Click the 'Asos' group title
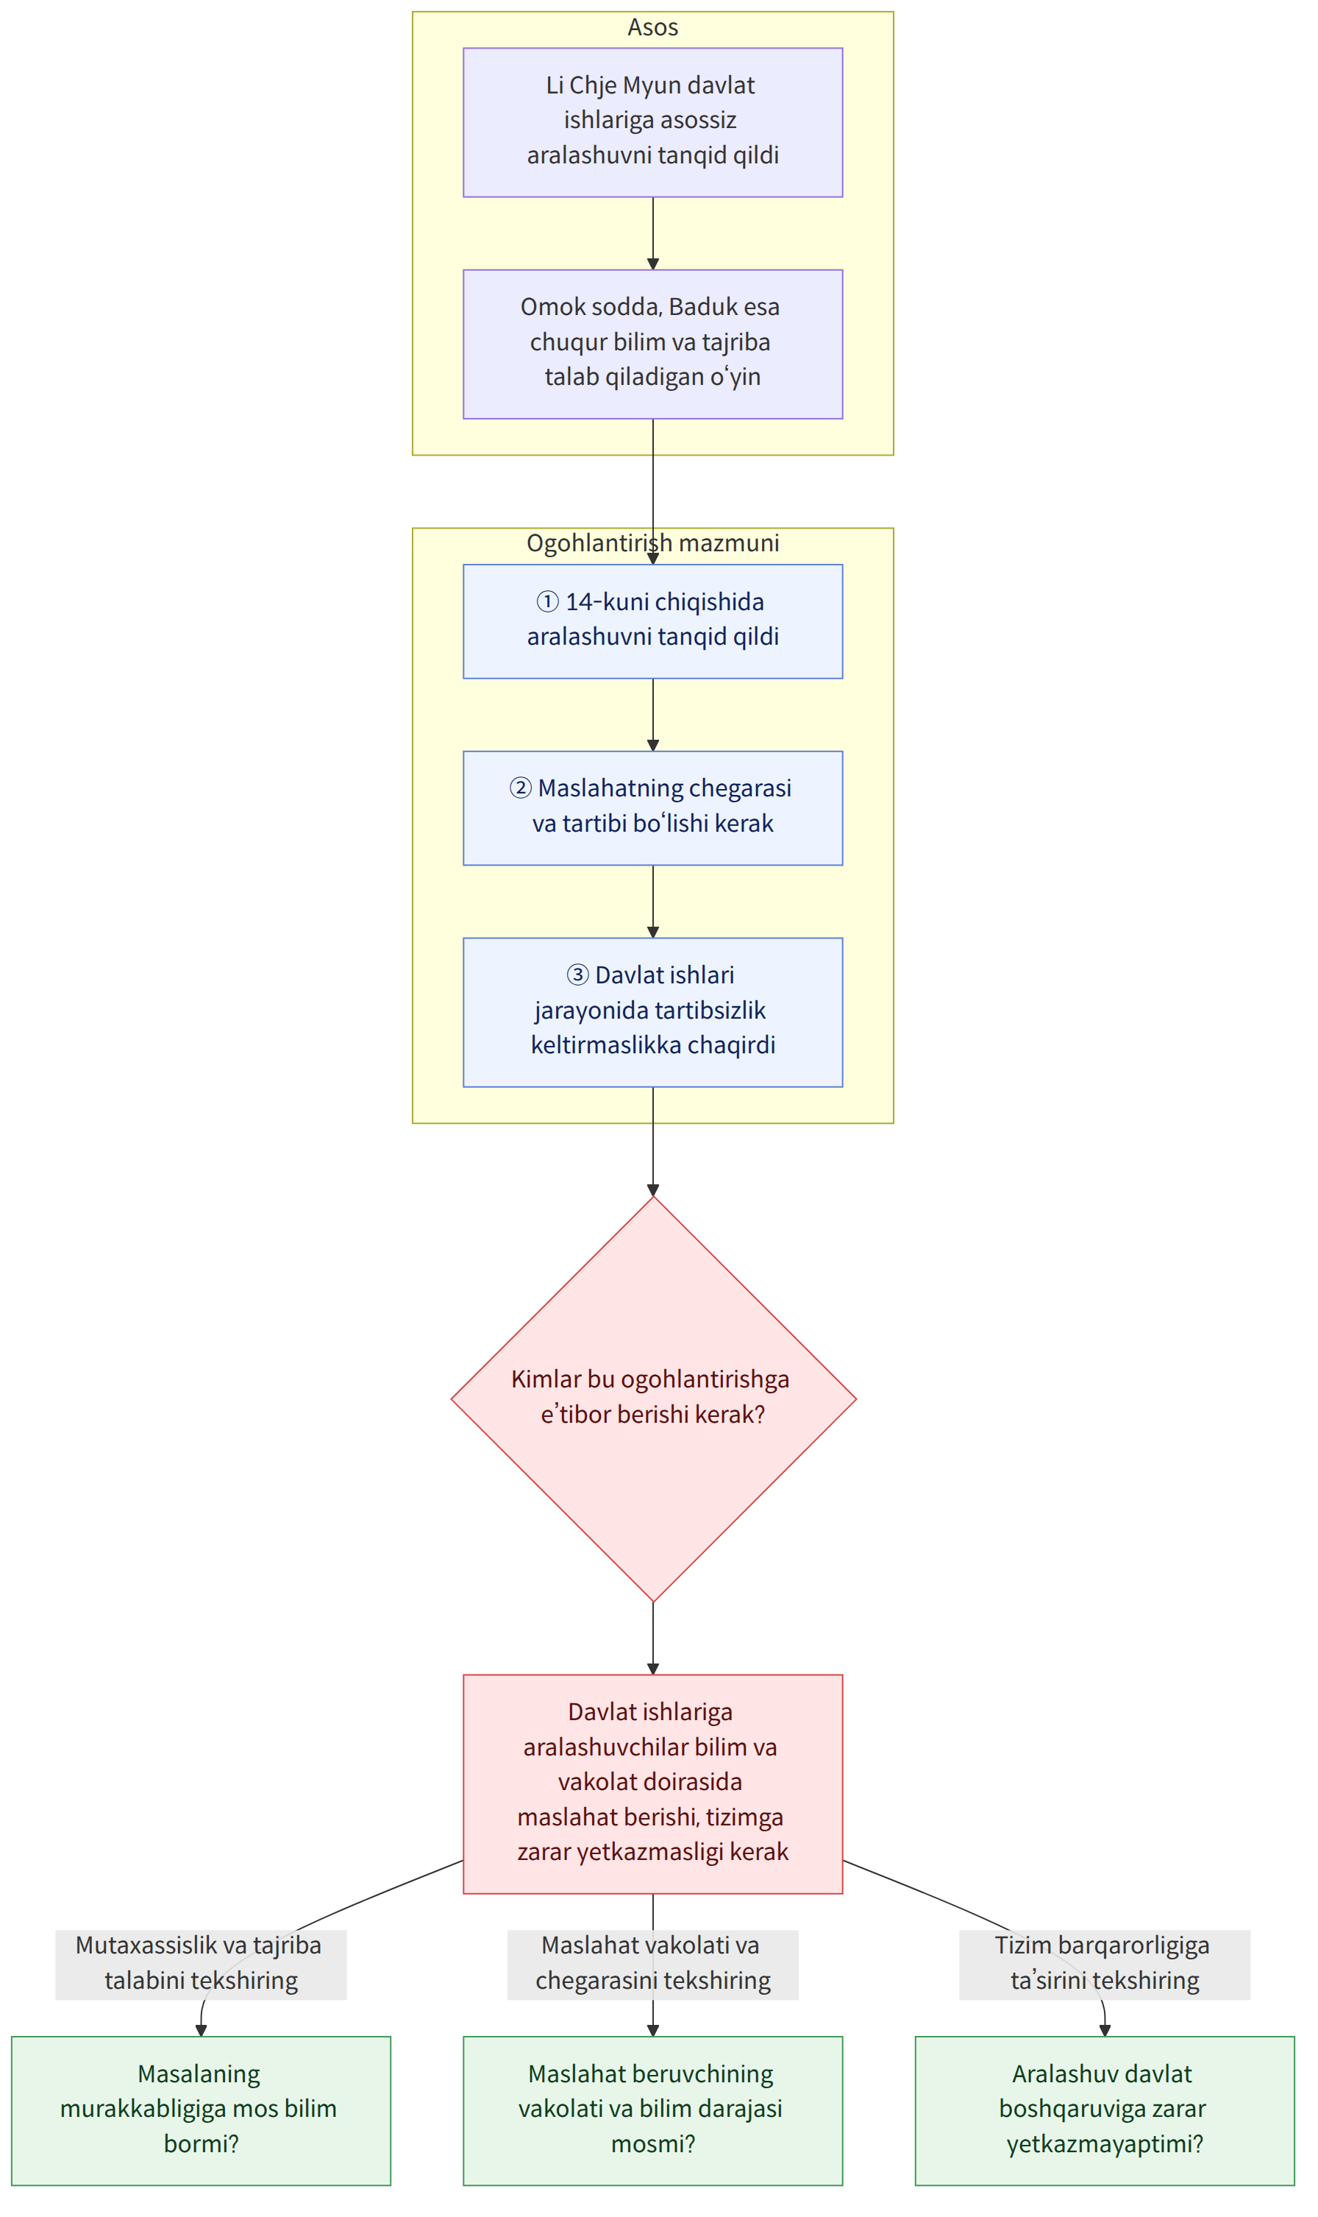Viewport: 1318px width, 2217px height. point(653,27)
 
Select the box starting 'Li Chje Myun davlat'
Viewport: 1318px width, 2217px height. point(653,123)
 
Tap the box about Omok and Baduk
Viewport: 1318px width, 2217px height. point(653,344)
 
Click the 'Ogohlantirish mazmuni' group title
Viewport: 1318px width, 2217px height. point(653,543)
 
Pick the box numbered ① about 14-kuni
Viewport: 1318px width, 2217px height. point(653,621)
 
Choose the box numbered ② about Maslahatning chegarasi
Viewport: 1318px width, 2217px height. point(653,807)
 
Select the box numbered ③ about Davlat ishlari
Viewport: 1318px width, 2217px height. point(653,1012)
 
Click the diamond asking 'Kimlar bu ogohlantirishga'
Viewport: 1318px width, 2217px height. point(654,1399)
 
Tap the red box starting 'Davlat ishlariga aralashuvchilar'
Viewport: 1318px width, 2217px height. point(653,1784)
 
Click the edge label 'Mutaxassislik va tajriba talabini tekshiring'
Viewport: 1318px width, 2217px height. point(201,1965)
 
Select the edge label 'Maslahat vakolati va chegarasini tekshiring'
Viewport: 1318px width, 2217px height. point(653,1965)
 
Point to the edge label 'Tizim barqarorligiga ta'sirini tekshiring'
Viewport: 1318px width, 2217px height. point(1105,1965)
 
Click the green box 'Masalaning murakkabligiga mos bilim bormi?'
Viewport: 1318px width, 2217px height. point(201,2110)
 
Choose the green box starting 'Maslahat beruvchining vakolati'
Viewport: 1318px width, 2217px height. point(653,2110)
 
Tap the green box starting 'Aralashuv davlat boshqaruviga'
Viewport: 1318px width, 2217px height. point(1105,2110)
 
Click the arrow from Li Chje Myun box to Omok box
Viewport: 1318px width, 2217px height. point(653,233)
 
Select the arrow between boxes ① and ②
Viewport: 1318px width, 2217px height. point(653,715)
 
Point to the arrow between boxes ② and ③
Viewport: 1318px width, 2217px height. point(653,901)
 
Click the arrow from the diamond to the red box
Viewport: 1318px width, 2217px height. point(653,1638)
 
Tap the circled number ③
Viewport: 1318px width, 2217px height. point(577,975)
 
